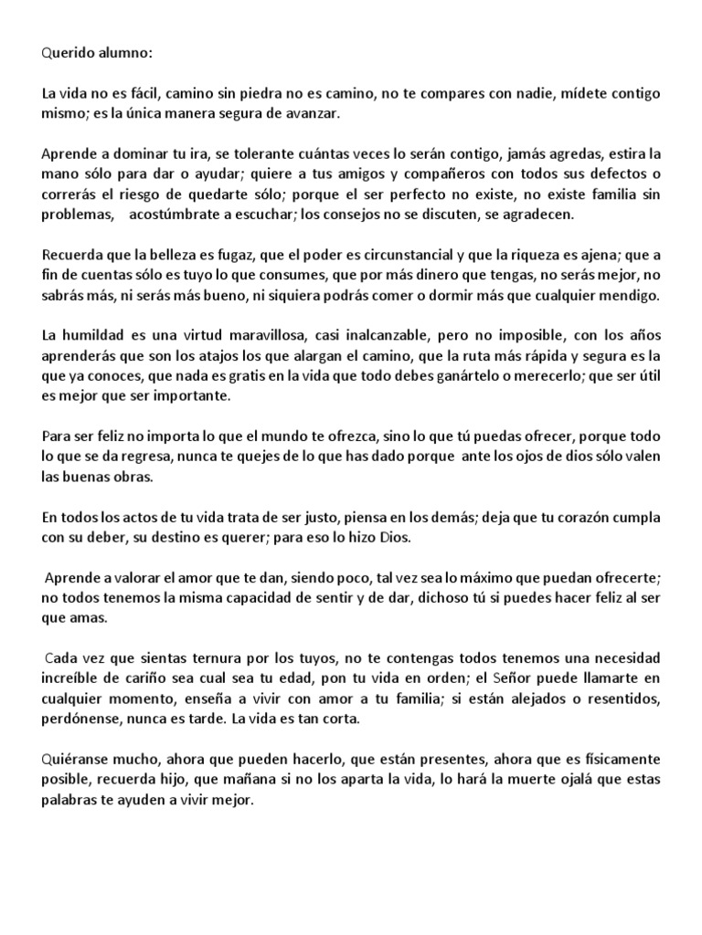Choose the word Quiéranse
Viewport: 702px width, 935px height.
point(76,759)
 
